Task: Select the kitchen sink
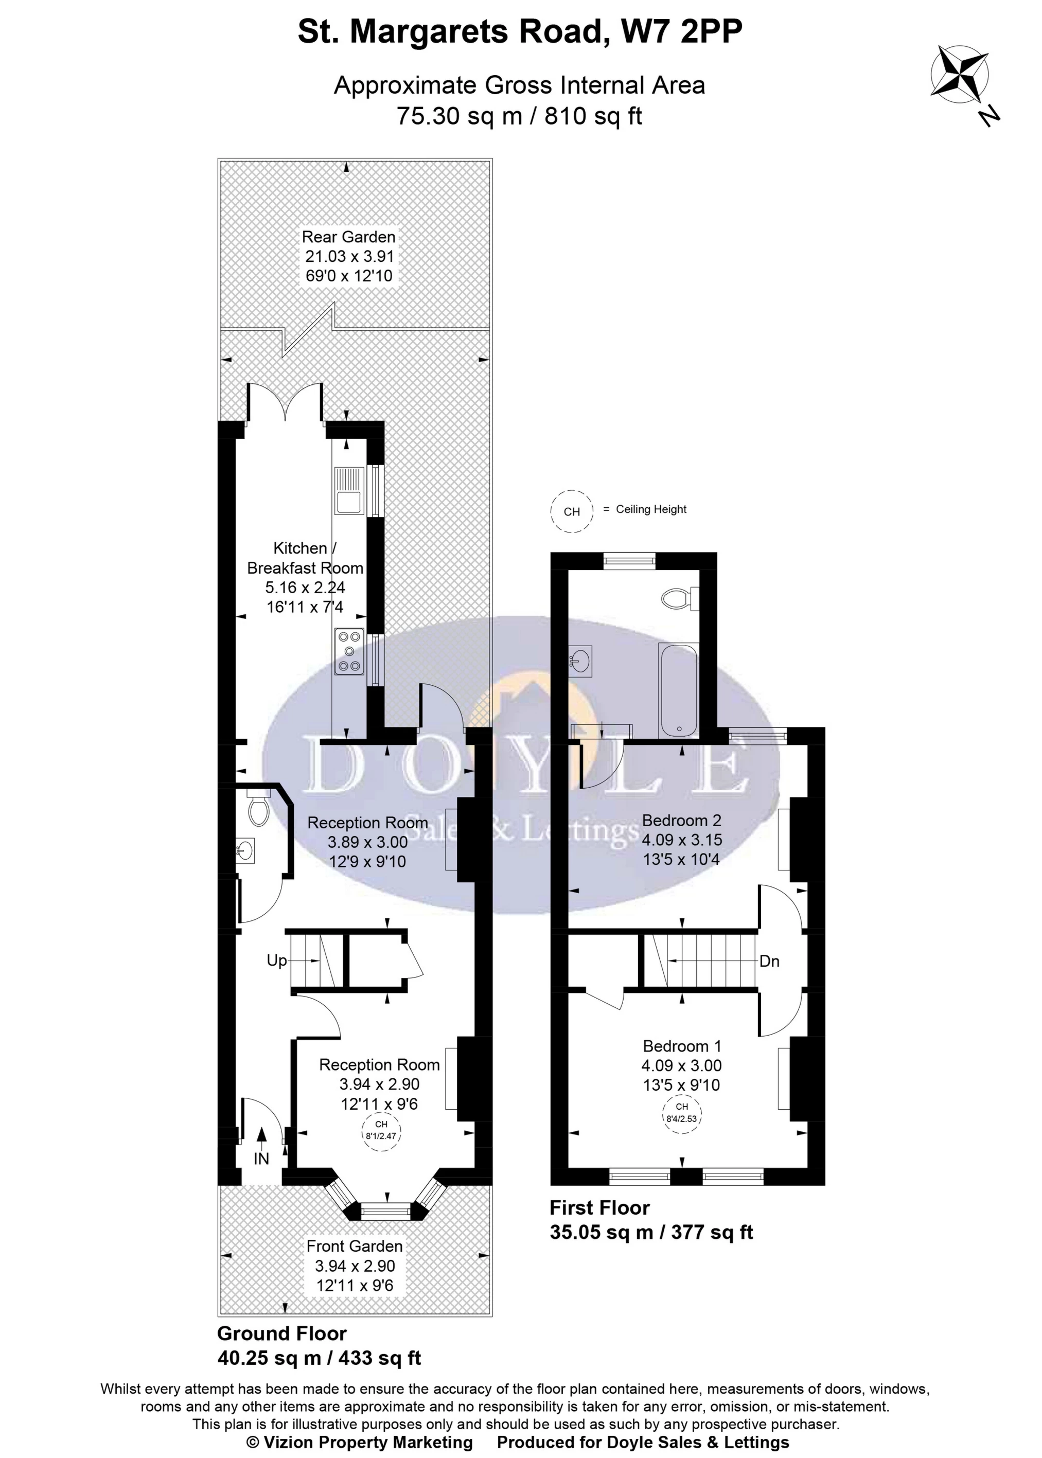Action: click(349, 491)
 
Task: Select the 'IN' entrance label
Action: click(261, 1159)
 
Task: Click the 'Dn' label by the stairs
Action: click(769, 961)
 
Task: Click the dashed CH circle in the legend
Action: click(572, 511)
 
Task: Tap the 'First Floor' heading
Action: click(599, 1208)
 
